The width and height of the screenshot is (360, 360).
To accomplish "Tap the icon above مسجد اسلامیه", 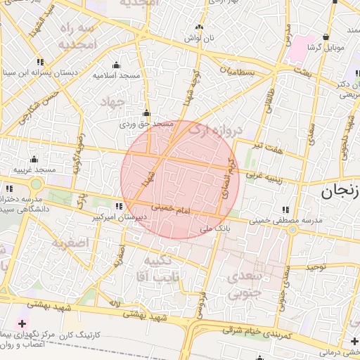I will (117, 65).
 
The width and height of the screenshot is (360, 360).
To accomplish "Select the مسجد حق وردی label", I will (146, 123).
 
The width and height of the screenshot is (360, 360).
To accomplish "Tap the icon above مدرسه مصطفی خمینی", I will (285, 210).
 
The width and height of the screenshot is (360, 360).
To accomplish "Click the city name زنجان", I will (340, 191).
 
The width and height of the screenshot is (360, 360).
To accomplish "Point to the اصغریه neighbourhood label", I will (68, 243).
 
